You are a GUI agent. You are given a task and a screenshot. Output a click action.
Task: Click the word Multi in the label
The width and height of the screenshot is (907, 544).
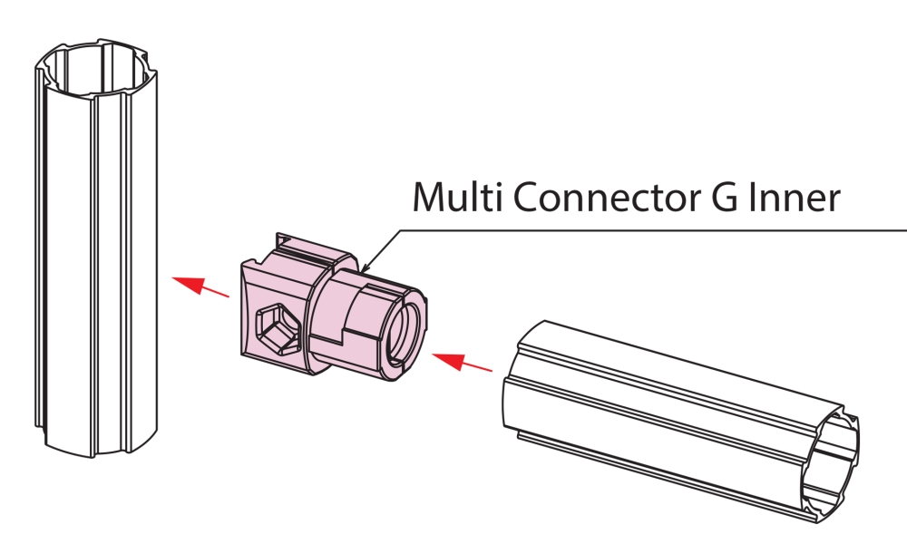point(456,197)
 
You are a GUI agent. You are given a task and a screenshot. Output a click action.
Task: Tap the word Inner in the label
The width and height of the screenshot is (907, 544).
point(795,197)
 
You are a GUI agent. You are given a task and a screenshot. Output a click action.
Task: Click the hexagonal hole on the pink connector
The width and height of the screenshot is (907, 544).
point(278,328)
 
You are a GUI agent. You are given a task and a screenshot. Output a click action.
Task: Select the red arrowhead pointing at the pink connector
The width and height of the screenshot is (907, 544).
point(449,360)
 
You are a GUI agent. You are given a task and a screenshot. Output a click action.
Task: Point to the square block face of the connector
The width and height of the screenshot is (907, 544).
point(273,316)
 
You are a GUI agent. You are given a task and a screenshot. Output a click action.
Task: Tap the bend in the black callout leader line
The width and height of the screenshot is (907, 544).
point(400,230)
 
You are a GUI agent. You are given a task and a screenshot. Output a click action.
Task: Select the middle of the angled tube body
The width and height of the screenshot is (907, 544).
point(679,422)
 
